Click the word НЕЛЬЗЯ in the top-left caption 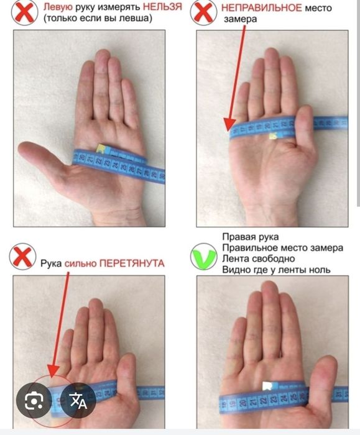(x=163, y=7)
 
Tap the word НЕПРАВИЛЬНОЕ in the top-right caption (x=261, y=7)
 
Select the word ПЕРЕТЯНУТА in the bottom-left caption (x=132, y=263)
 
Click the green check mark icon (x=204, y=257)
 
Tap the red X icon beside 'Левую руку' (x=24, y=12)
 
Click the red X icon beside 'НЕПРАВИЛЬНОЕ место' (x=203, y=12)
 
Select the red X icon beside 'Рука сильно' (x=22, y=257)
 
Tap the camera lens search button (x=34, y=400)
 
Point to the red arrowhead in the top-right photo (x=229, y=124)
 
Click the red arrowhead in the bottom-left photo (x=53, y=371)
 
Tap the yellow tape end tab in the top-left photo (x=100, y=149)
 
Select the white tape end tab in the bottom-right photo (x=267, y=386)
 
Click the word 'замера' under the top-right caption (x=241, y=19)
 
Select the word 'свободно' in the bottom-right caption (x=273, y=259)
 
